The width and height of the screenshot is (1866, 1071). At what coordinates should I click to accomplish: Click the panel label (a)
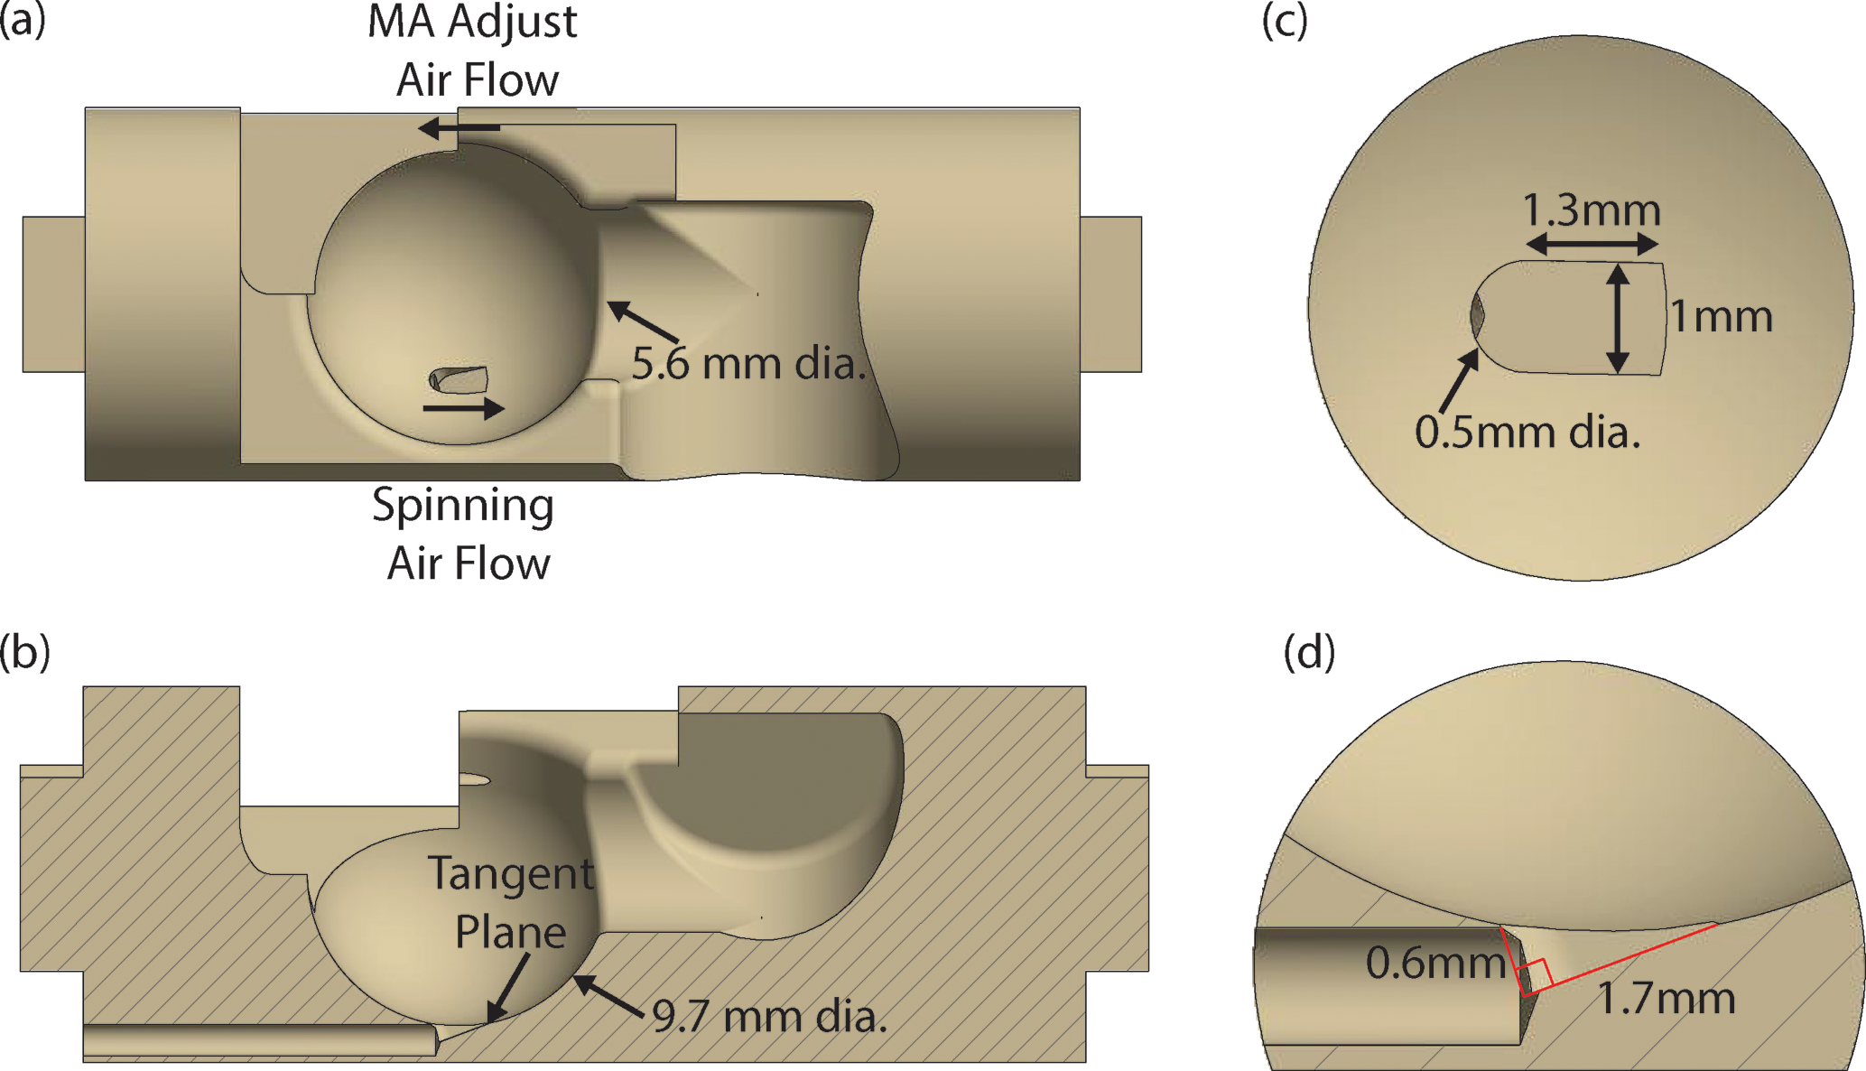[x=23, y=20]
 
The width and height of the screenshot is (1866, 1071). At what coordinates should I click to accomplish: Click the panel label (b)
[x=24, y=652]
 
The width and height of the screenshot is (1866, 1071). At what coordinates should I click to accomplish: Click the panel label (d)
[x=1309, y=652]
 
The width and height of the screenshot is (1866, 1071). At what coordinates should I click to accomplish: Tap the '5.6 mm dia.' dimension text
[x=748, y=363]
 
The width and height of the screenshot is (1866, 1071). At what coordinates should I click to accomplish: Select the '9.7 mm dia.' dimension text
[x=769, y=1017]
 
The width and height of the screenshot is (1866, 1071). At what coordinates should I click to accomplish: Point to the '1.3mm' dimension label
[x=1592, y=210]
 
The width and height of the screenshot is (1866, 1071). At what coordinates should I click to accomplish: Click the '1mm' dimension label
[x=1721, y=317]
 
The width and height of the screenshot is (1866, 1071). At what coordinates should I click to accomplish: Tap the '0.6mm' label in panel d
[x=1434, y=963]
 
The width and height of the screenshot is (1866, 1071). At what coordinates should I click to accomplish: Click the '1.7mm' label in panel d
[x=1666, y=999]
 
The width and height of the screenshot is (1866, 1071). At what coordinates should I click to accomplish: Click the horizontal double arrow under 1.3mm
[x=1592, y=244]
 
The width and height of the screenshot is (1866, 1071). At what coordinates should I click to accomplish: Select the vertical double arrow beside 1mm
[x=1618, y=318]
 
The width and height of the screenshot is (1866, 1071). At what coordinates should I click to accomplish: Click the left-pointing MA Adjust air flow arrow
[x=459, y=128]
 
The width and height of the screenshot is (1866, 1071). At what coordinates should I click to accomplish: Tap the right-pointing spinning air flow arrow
[x=463, y=408]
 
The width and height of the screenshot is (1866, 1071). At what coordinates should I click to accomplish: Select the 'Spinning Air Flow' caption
[x=464, y=534]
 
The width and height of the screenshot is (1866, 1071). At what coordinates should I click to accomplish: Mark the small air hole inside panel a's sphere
[x=459, y=379]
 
